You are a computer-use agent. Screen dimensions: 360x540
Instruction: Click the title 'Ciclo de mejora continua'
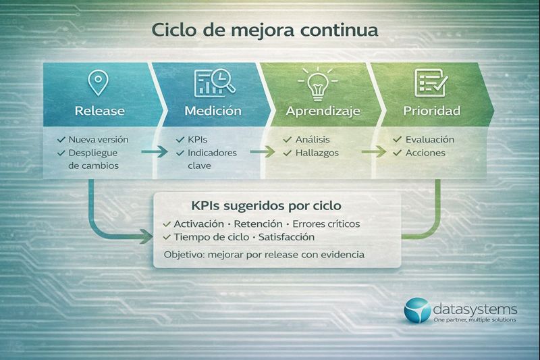tap(265, 31)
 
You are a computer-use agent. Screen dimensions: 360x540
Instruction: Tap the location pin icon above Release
tap(99, 83)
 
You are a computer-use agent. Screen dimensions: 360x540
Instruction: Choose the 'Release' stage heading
tap(99, 110)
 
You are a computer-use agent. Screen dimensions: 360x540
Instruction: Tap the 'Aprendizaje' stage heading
tap(323, 110)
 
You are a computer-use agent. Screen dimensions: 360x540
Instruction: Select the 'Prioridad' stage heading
tap(431, 110)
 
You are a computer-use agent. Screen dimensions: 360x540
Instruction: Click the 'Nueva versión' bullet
tap(98, 139)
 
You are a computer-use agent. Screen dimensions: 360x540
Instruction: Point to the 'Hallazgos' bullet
tap(317, 153)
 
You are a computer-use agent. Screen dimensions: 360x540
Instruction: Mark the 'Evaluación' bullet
tap(429, 139)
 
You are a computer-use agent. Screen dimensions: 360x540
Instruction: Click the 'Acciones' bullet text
tap(425, 153)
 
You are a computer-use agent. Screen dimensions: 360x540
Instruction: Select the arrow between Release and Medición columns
tap(154, 153)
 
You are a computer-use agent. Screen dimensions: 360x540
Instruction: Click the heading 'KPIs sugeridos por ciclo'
tap(265, 205)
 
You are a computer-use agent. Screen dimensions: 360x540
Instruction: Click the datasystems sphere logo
tap(417, 310)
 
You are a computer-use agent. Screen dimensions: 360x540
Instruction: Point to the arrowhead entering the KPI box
tap(147, 235)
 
